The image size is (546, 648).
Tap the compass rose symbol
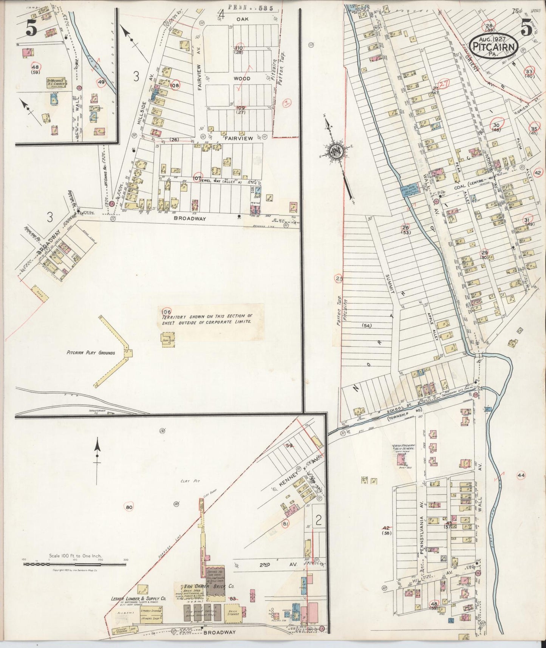coord(335,151)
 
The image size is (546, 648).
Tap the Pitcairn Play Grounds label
coord(91,353)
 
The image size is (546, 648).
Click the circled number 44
coord(521,475)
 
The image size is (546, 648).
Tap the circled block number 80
coord(129,507)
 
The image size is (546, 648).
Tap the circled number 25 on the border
coord(339,279)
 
